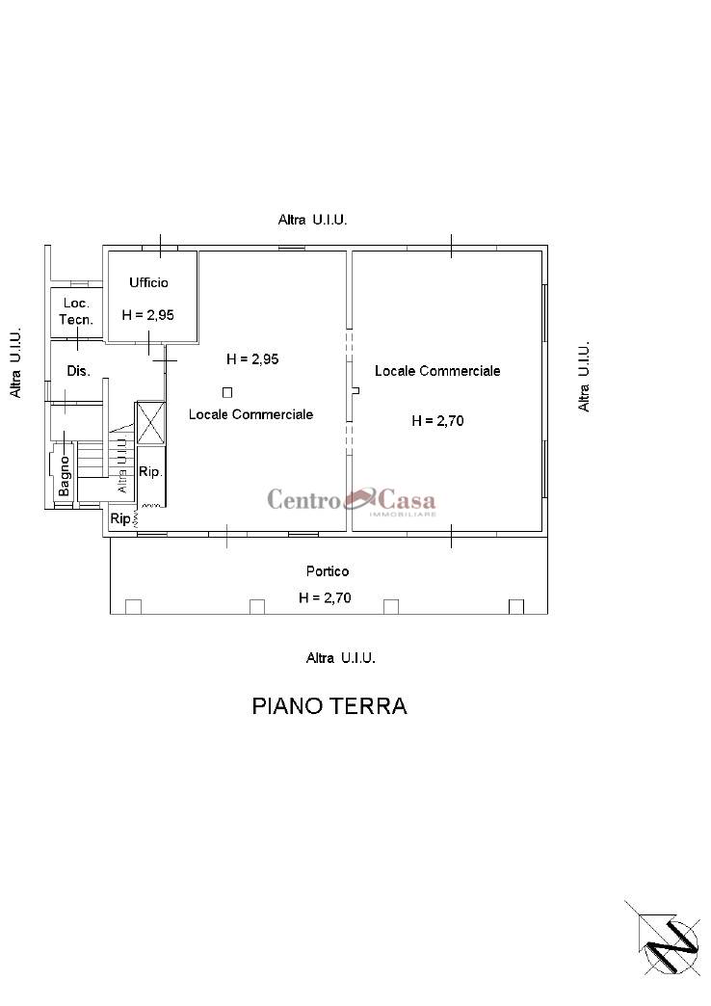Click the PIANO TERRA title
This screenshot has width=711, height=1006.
(x=329, y=705)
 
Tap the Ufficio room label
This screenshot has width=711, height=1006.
(x=149, y=282)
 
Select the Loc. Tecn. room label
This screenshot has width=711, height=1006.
(x=76, y=311)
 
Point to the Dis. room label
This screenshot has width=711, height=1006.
(x=78, y=371)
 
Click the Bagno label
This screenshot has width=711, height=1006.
(x=65, y=476)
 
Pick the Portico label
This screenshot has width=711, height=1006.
(x=328, y=571)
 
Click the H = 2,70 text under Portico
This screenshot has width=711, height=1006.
(x=325, y=598)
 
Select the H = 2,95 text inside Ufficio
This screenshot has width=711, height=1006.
(x=148, y=315)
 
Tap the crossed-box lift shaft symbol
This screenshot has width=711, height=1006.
(x=151, y=423)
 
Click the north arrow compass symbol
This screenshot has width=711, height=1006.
(x=662, y=938)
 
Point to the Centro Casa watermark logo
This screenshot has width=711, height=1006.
(x=352, y=500)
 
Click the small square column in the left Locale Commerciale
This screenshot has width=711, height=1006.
(x=227, y=392)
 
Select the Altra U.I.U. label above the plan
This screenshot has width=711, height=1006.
(x=312, y=220)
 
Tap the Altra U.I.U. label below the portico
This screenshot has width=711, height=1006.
(x=341, y=657)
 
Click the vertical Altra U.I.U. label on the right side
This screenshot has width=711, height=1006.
(x=583, y=377)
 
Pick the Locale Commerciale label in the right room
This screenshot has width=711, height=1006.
(x=437, y=371)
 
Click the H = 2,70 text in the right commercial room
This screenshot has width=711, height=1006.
(x=437, y=421)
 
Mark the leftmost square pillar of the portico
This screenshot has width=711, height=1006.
(x=133, y=606)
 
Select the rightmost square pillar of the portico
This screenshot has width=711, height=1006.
(x=516, y=606)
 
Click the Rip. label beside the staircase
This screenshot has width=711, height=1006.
(x=151, y=471)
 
